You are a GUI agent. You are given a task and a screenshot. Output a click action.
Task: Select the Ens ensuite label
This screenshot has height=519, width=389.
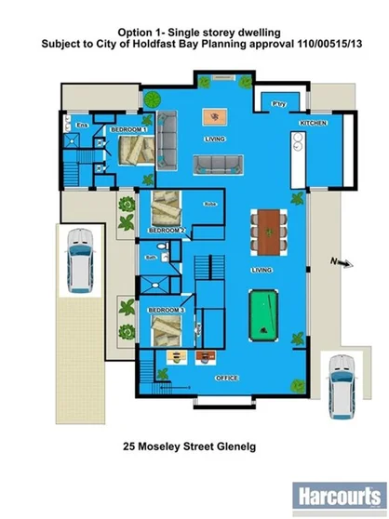pos(82,124)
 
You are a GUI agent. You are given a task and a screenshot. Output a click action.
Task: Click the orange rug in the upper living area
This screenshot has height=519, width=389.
pos(217,116)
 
